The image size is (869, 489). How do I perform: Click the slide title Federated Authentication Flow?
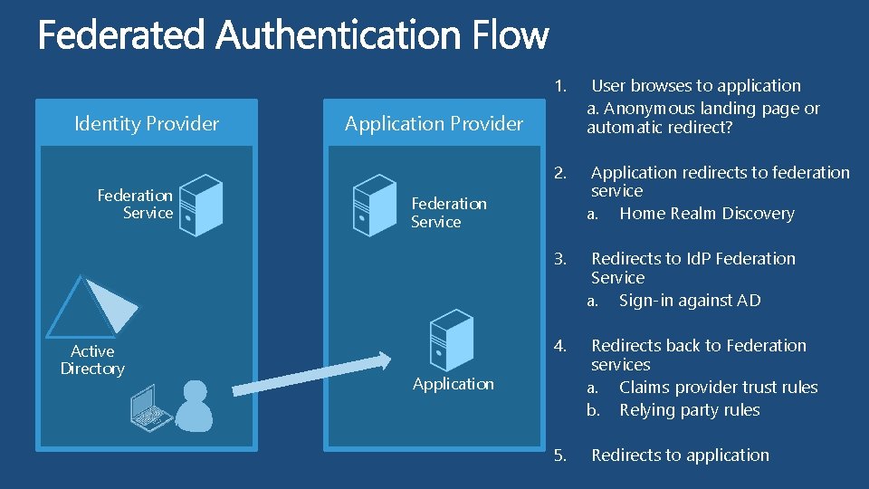coord(292,36)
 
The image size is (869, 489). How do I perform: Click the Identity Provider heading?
coord(147,124)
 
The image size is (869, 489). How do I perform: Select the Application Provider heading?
coord(434,124)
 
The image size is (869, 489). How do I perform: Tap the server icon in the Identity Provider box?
coord(200,206)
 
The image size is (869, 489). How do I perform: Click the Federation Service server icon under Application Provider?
coord(374,205)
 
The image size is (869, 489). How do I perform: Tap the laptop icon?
coord(151,406)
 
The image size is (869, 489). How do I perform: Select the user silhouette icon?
coord(194,405)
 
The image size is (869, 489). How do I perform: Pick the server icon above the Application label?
coord(451,340)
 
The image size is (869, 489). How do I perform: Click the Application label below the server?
coord(453,384)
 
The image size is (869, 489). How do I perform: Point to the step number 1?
coord(560,86)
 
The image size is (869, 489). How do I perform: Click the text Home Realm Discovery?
coord(706,214)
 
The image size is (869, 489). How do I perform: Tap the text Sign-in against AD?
coord(690,301)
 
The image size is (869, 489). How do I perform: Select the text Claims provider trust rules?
coord(718,388)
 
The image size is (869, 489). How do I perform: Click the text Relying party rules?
coord(689,410)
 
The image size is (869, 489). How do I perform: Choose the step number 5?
coord(560,455)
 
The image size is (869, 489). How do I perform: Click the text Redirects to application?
coord(680,455)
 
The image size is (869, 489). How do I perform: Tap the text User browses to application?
coord(695,86)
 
